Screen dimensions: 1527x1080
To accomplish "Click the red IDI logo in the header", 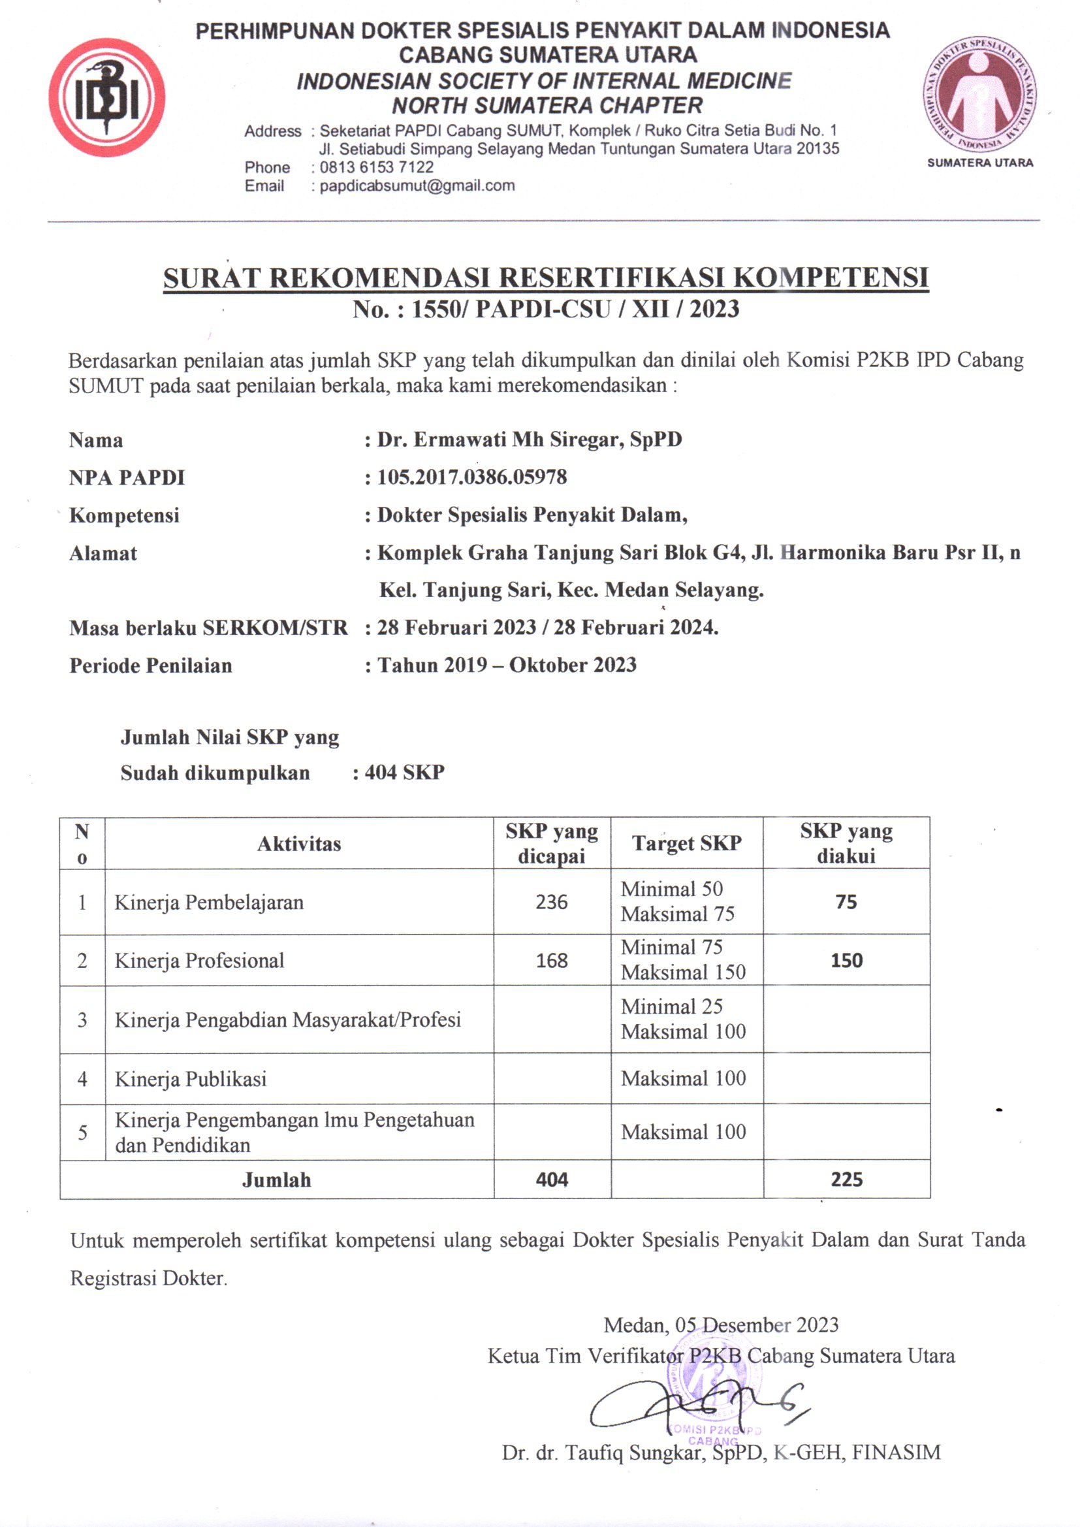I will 106,98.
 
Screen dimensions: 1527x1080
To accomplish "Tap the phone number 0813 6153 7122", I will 376,168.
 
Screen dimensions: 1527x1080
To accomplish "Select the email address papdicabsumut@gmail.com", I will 417,186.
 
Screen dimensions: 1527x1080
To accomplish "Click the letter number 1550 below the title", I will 433,310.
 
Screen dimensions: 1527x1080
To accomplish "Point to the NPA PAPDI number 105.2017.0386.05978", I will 472,477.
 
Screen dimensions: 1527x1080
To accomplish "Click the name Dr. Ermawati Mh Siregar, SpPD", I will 530,440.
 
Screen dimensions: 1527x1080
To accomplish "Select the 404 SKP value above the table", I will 404,773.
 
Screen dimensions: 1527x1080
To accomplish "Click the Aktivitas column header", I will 298,844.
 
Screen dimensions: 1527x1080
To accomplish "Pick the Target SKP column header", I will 686,843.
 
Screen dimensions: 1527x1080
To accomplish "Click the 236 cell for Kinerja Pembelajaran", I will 551,903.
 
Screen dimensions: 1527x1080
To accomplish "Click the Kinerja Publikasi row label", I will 190,1079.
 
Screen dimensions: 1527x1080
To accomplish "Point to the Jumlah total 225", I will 846,1180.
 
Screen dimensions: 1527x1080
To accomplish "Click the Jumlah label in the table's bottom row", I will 276,1180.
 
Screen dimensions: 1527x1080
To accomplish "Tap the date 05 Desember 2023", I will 756,1325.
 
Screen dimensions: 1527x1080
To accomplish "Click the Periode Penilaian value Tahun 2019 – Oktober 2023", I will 507,666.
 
